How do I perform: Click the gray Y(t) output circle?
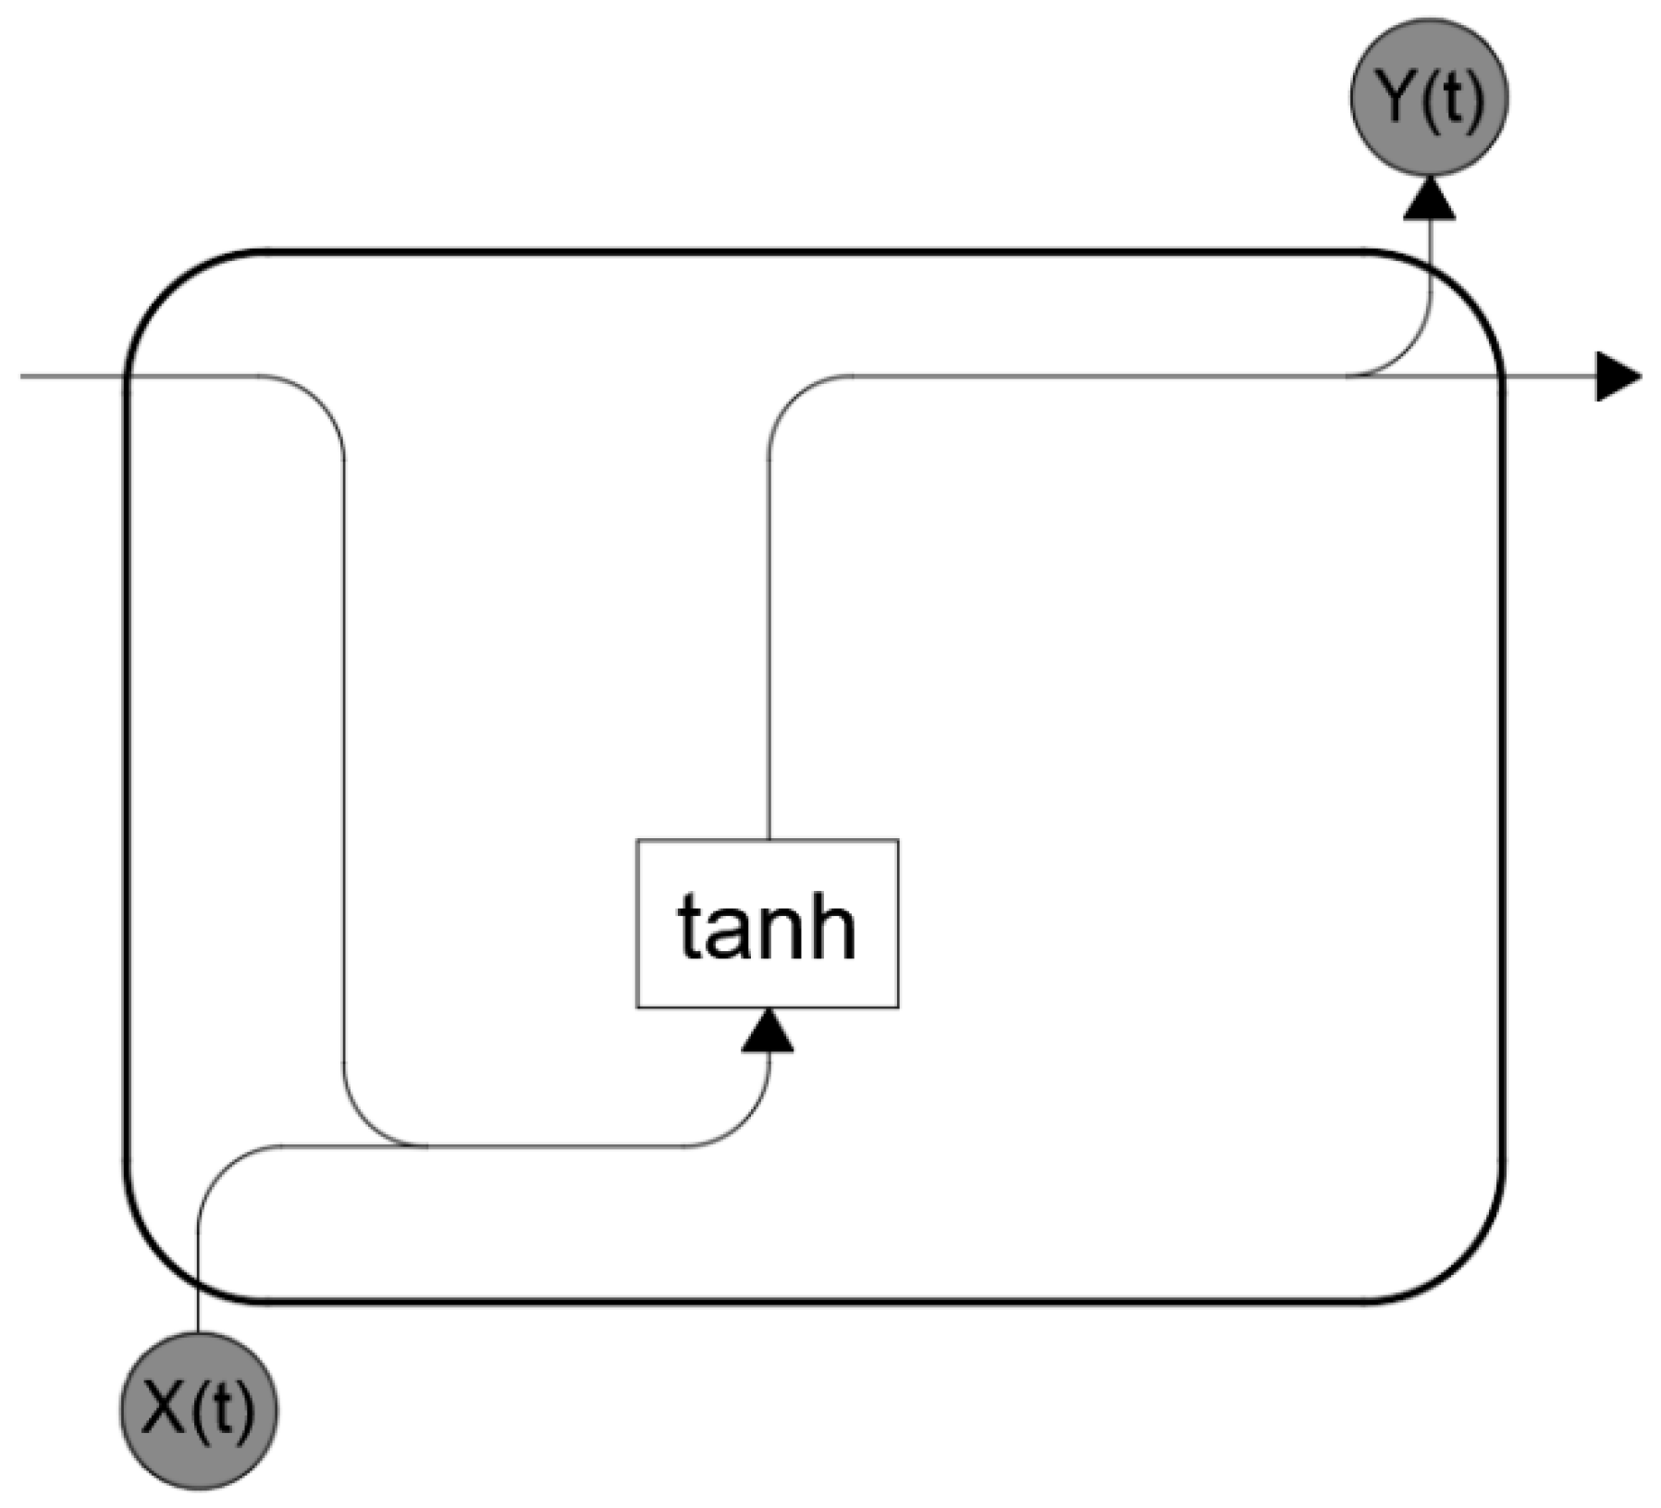1429,96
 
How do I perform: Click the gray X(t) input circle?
199,1409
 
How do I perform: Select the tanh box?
767,922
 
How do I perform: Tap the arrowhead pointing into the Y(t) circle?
1429,199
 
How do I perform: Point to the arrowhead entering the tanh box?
768,1031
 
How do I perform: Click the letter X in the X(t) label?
166,1410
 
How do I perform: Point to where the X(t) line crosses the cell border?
199,1286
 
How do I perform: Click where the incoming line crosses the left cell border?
126,377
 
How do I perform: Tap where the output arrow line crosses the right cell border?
1502,377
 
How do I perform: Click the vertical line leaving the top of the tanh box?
769,648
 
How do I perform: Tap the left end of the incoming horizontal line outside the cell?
24,377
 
